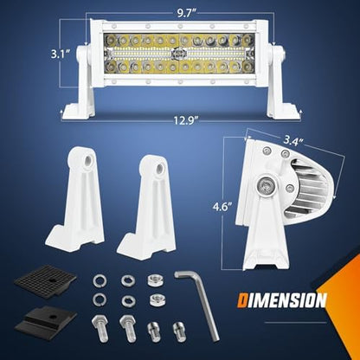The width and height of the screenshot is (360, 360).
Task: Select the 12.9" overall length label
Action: pyautogui.click(x=183, y=119)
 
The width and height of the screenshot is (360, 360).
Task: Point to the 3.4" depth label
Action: pyautogui.click(x=293, y=141)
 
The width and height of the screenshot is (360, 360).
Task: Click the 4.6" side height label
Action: pyautogui.click(x=222, y=207)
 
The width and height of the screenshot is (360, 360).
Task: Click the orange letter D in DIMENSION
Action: pyautogui.click(x=241, y=300)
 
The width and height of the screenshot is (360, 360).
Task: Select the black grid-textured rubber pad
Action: pyautogui.click(x=45, y=280)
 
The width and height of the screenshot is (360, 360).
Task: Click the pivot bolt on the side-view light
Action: pyautogui.click(x=267, y=185)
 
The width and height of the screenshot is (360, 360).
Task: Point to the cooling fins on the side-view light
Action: pyautogui.click(x=305, y=189)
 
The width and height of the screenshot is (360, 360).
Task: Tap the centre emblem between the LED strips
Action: pyautogui.click(x=176, y=54)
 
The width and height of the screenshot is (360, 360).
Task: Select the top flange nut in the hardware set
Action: pyautogui.click(x=154, y=280)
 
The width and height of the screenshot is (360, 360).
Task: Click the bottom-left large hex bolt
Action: pyautogui.click(x=100, y=328)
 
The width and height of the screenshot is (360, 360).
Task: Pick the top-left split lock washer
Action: pyautogui.click(x=100, y=281)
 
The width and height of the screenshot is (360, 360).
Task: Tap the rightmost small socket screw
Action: pyautogui.click(x=179, y=331)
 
